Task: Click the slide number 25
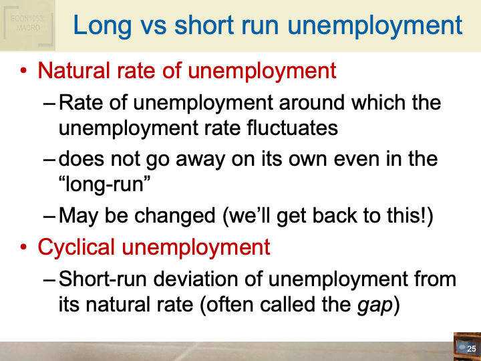(471, 349)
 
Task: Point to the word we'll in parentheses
(247, 216)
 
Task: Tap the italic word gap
(371, 305)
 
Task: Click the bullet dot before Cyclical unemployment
(24, 247)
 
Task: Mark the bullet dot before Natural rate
(24, 71)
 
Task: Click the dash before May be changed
(49, 217)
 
